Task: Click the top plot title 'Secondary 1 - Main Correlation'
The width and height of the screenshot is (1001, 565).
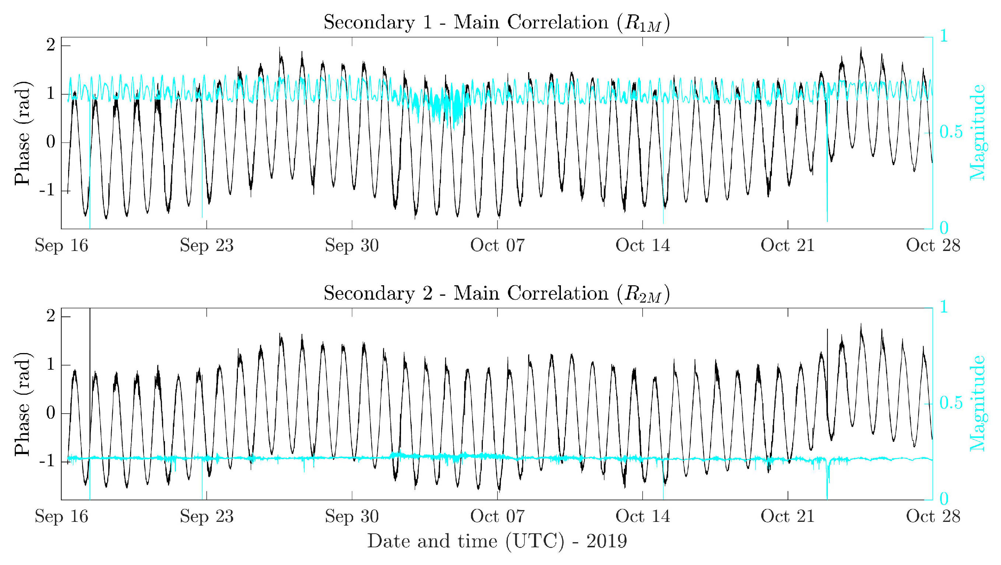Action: [x=496, y=22]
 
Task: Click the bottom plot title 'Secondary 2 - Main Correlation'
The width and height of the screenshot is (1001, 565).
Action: [x=496, y=294]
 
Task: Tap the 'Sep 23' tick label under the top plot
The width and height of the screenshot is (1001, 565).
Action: [x=207, y=246]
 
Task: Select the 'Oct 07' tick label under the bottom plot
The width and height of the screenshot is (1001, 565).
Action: [x=498, y=517]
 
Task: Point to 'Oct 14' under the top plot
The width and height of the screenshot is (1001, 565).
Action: [x=643, y=246]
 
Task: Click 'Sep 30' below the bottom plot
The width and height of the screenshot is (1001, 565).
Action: [x=352, y=517]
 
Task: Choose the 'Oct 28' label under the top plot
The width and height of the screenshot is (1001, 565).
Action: [x=933, y=246]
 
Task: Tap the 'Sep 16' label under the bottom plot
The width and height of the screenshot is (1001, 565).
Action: [x=62, y=517]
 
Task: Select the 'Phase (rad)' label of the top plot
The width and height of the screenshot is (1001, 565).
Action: [x=22, y=133]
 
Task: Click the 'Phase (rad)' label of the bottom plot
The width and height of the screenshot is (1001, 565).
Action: [x=22, y=404]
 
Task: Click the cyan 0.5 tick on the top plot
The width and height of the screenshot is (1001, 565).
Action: [x=951, y=132]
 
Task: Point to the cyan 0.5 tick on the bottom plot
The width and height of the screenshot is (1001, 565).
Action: [x=951, y=403]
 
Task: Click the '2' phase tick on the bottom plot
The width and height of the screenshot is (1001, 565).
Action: [x=50, y=317]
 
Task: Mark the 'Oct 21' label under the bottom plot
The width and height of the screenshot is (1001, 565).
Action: [x=788, y=517]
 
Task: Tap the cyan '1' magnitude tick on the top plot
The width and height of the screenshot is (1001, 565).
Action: [x=943, y=36]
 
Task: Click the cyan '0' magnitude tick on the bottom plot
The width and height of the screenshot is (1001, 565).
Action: [x=944, y=499]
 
